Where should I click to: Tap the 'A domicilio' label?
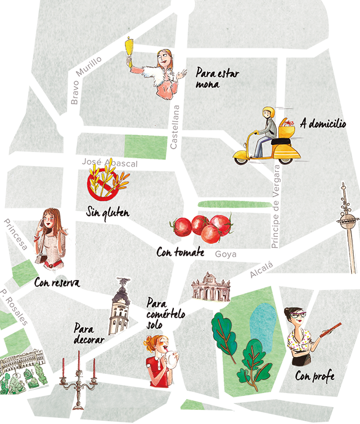point(323,123)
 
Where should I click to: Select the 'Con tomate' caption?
point(180,252)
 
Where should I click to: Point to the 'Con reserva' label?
point(56,282)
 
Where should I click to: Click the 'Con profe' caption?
point(314,375)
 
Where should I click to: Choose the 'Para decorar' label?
point(89,334)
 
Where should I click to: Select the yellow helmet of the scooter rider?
point(268,112)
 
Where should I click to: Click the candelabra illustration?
point(79,374)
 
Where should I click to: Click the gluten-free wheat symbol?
point(107,180)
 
